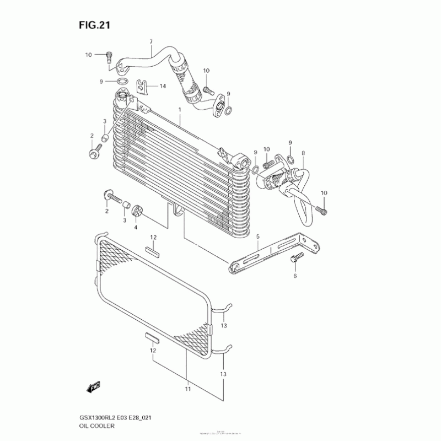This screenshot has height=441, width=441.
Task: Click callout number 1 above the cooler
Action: pos(179,110)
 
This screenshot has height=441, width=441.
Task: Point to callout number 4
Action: pos(135,227)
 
